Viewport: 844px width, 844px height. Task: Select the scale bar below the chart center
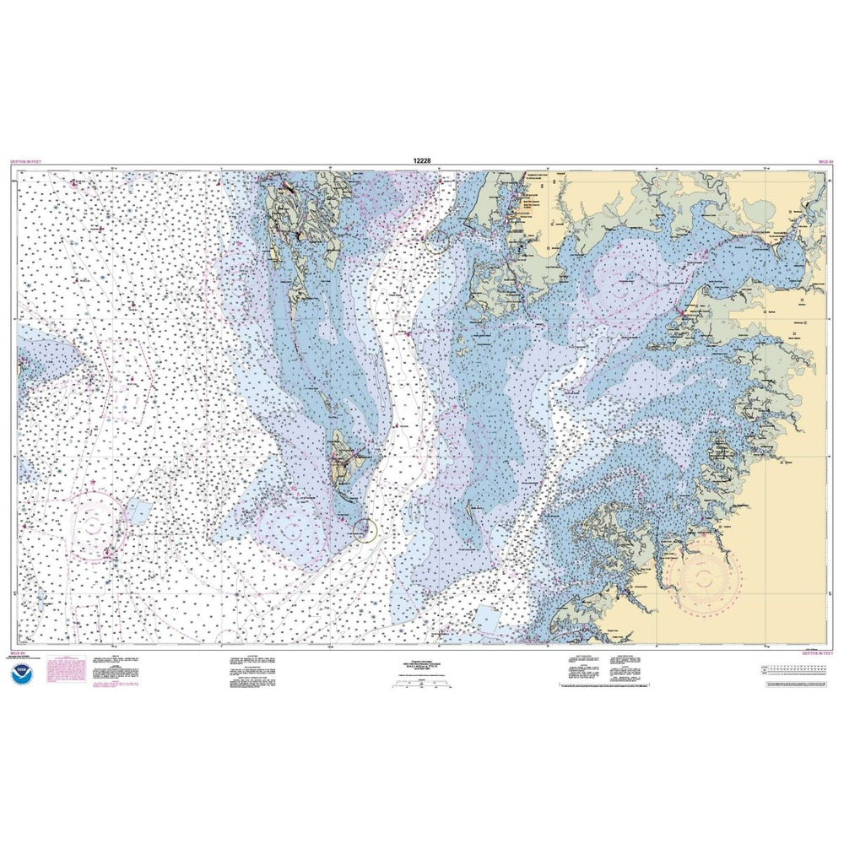pos(422,687)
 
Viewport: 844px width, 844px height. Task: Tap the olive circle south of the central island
pos(365,530)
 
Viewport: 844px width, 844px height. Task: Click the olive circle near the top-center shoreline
pos(437,244)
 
